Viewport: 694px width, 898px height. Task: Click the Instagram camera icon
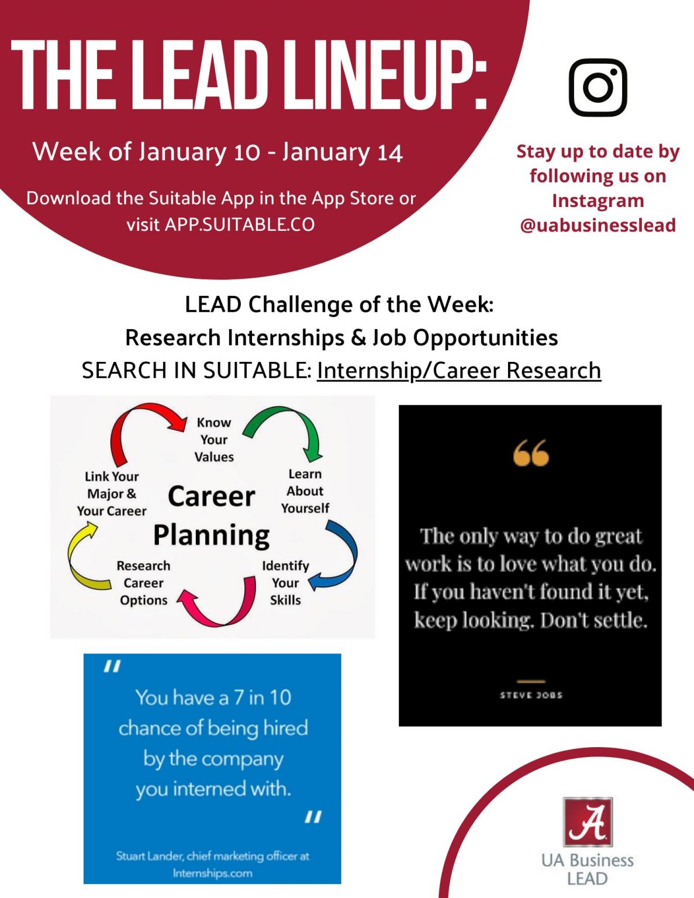[x=598, y=87]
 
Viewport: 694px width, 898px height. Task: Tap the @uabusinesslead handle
[x=598, y=225]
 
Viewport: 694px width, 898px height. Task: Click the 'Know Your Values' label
[x=214, y=440]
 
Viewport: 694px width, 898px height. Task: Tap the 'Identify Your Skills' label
[x=285, y=583]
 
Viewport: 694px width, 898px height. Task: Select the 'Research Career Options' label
[x=143, y=583]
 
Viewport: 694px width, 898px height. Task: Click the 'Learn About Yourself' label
[x=305, y=491]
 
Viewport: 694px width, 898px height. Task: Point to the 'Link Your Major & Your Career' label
[x=112, y=494]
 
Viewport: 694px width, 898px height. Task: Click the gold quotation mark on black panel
[x=531, y=452]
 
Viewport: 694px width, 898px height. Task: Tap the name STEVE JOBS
[x=531, y=695]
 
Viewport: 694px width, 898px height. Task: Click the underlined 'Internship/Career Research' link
[x=459, y=370]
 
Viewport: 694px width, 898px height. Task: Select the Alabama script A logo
[x=588, y=822]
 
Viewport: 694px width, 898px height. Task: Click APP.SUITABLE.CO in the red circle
[x=240, y=224]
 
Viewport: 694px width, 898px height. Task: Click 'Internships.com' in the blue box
[x=212, y=873]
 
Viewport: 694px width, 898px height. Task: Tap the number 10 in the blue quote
[x=280, y=697]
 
